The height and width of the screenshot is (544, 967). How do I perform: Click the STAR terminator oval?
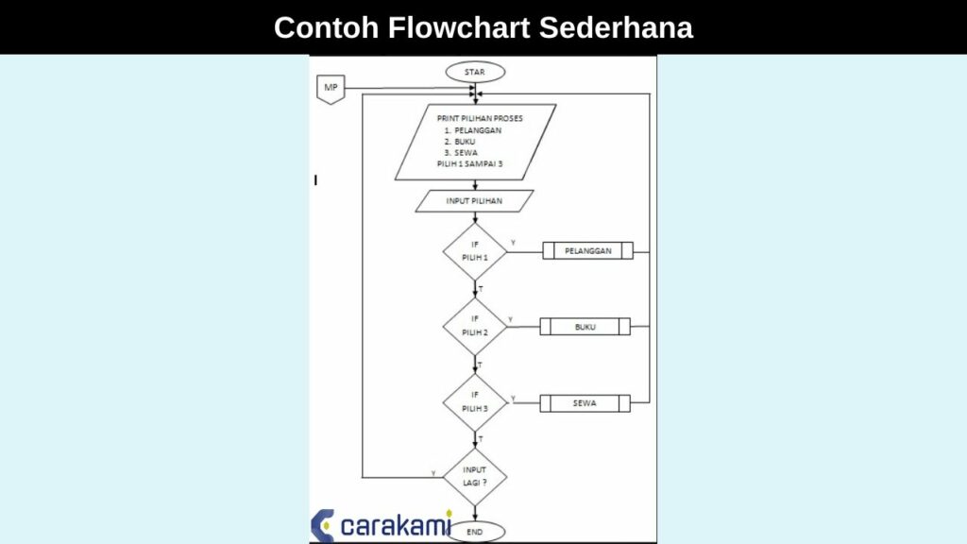(x=475, y=72)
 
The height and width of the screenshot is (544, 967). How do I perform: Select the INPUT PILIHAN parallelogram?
(x=474, y=201)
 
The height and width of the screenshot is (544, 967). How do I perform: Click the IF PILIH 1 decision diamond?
(x=475, y=251)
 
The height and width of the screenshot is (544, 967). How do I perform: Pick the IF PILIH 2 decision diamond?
(x=475, y=326)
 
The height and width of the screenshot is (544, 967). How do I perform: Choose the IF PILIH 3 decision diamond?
(x=475, y=401)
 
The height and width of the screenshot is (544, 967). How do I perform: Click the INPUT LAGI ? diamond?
(x=475, y=475)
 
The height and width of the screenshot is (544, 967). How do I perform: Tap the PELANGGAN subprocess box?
(x=587, y=251)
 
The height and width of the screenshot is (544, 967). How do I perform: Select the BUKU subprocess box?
(x=585, y=327)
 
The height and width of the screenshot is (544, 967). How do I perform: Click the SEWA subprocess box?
(x=585, y=403)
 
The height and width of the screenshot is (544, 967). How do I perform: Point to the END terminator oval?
(x=475, y=533)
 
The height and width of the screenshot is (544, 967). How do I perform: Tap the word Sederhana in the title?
(x=616, y=27)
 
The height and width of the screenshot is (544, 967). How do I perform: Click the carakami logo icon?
(x=323, y=525)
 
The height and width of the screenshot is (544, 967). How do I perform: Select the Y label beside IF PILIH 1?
(x=513, y=244)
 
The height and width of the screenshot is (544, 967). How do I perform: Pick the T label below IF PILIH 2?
(x=481, y=364)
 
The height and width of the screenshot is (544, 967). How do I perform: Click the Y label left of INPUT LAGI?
(x=433, y=472)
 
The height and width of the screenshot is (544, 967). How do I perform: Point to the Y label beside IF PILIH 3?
(x=513, y=398)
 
